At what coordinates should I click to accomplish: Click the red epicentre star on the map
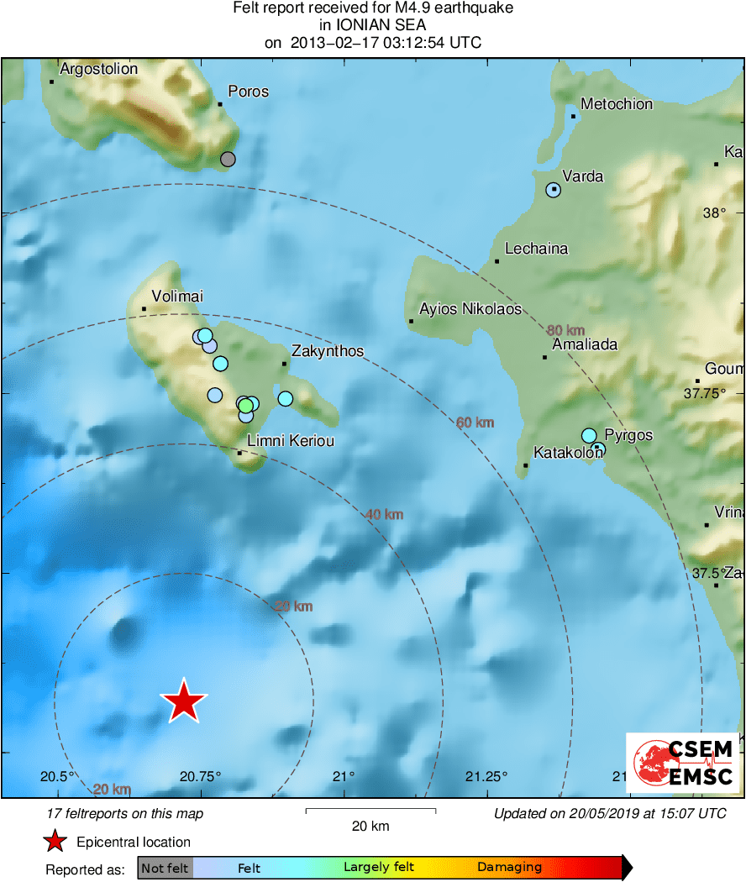pyautogui.click(x=183, y=701)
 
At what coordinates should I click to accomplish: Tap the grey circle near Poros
pyautogui.click(x=228, y=159)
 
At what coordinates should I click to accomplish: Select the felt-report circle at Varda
pyautogui.click(x=553, y=190)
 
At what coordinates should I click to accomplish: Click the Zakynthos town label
pyautogui.click(x=328, y=351)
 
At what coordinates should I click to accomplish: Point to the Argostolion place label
pyautogui.click(x=99, y=69)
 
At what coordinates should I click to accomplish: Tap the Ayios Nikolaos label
pyautogui.click(x=470, y=309)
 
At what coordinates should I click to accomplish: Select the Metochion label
pyautogui.click(x=617, y=104)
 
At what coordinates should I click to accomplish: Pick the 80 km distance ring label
pyautogui.click(x=565, y=330)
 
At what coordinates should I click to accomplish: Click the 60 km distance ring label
pyautogui.click(x=475, y=423)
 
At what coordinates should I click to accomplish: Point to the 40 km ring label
pyautogui.click(x=385, y=514)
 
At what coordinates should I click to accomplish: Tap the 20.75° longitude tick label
pyautogui.click(x=199, y=775)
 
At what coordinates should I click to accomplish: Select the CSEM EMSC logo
pyautogui.click(x=682, y=763)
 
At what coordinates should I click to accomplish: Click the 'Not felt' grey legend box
pyautogui.click(x=165, y=868)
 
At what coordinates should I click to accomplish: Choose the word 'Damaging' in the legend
pyautogui.click(x=509, y=868)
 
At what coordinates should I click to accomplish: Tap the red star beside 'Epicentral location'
pyautogui.click(x=55, y=842)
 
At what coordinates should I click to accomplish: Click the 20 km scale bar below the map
pyautogui.click(x=370, y=811)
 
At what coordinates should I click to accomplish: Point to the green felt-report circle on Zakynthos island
pyautogui.click(x=245, y=406)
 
